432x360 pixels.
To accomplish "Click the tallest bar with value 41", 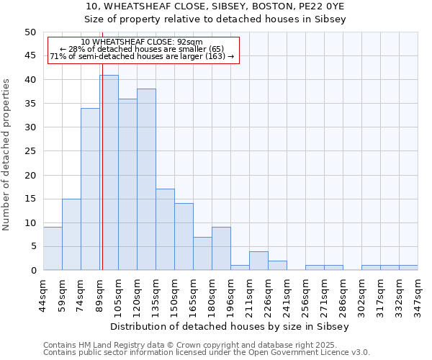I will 109,173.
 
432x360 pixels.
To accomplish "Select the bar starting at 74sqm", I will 90,189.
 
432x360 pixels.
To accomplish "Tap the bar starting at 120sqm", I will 146,179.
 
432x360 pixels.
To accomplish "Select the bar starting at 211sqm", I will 258,261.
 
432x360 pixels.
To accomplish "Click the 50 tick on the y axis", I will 30,32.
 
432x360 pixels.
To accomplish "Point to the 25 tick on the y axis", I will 30,151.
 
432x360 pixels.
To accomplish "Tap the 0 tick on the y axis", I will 33,271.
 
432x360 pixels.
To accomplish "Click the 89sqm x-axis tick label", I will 99,292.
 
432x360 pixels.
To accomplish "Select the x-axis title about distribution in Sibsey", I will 230,326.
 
